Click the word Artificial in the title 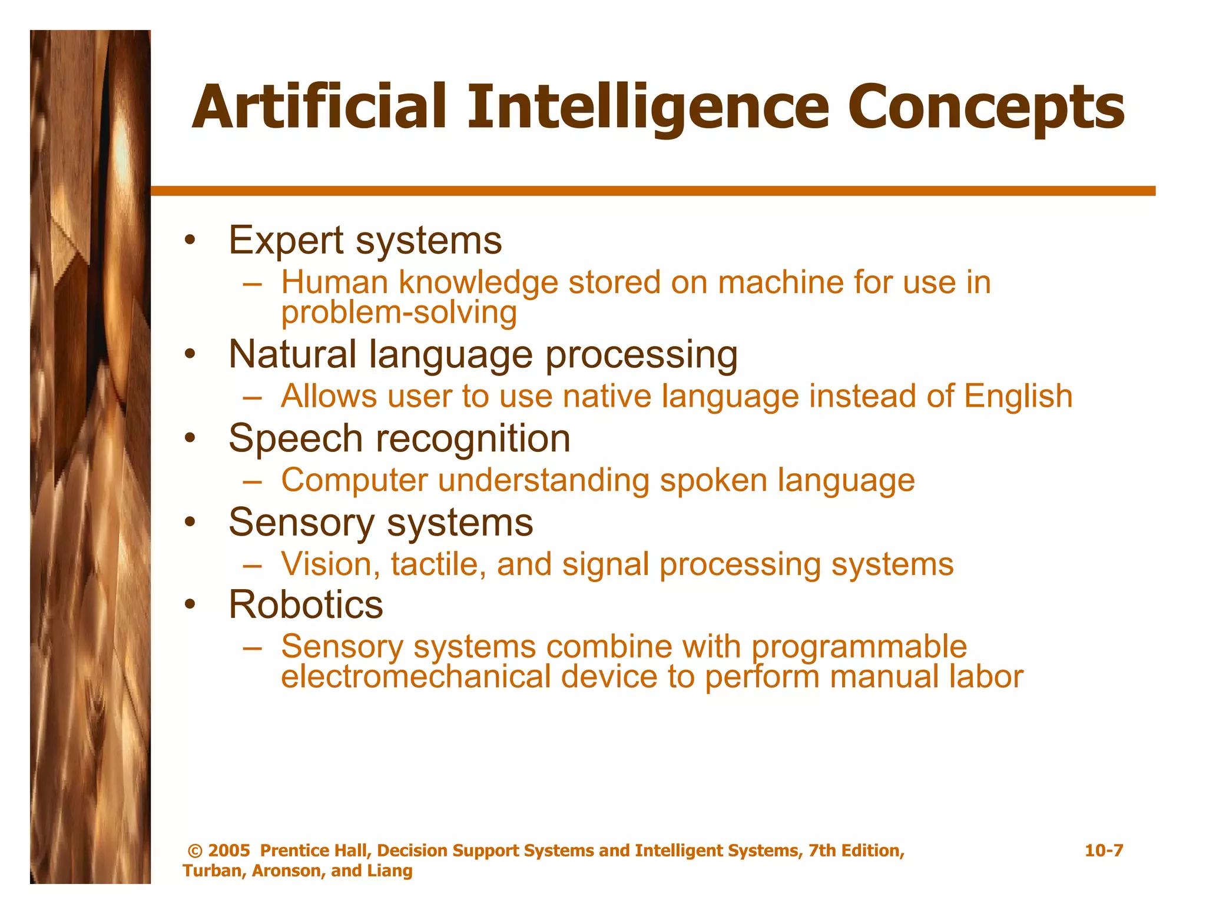click(x=319, y=107)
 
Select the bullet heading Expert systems click(x=365, y=241)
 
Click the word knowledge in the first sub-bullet click(x=478, y=282)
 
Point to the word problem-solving click(x=399, y=313)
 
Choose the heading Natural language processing click(x=483, y=355)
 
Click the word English click(x=1018, y=395)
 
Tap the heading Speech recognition click(x=399, y=438)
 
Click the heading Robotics click(x=306, y=605)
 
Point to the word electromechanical click(x=416, y=677)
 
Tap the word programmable click(x=859, y=647)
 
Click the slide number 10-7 click(x=1104, y=850)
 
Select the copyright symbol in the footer click(x=195, y=851)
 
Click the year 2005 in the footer click(x=229, y=851)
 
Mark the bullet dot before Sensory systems click(x=189, y=522)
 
